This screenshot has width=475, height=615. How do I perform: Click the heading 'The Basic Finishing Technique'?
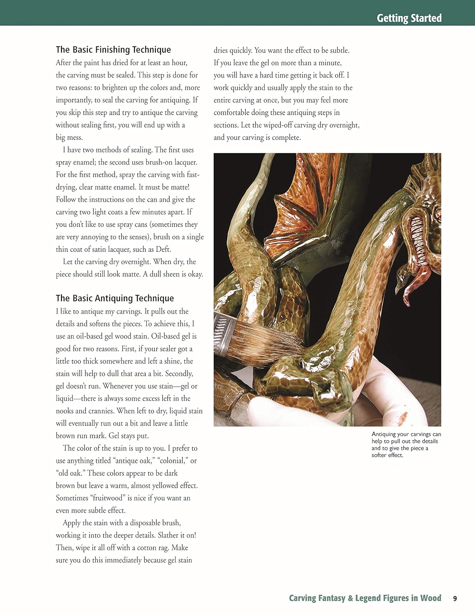pos(113,50)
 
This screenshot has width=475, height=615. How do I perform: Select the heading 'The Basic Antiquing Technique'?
pos(115,298)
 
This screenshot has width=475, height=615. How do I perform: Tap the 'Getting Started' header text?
pos(409,18)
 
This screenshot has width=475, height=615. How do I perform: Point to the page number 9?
pos(455,598)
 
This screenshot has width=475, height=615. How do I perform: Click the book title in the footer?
pos(365,598)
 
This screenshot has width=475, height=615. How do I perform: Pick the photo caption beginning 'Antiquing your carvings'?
pos(406,444)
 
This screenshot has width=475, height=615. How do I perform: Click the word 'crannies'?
pos(100,411)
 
